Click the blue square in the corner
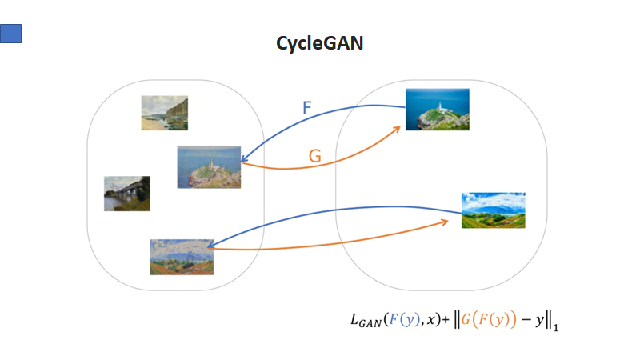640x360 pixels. click(10, 33)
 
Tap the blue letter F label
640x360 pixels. click(307, 107)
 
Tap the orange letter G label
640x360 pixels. click(315, 156)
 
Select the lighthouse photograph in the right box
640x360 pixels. click(437, 109)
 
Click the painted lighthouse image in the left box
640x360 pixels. click(209, 166)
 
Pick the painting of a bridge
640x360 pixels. click(126, 194)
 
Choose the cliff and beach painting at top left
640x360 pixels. click(164, 113)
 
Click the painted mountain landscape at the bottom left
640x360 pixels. click(182, 256)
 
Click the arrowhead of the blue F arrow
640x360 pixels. click(244, 160)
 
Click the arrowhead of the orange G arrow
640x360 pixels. click(400, 129)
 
